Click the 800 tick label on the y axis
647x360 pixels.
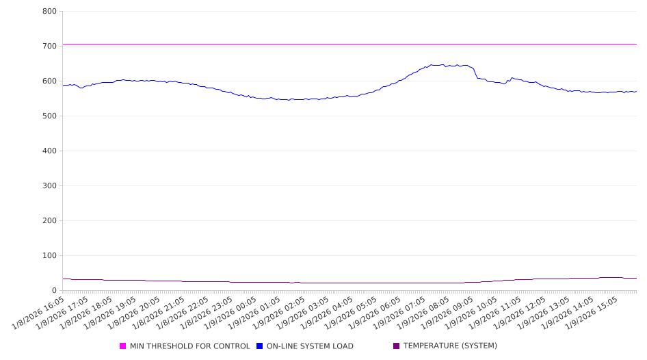point(49,12)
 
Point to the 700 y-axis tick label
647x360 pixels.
point(49,47)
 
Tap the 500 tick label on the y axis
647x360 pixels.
point(49,116)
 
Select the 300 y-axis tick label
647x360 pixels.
point(49,186)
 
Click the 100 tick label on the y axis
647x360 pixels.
point(49,256)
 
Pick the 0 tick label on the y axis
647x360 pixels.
point(54,291)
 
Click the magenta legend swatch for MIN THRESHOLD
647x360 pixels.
point(123,346)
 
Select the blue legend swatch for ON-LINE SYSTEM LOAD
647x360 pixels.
point(260,346)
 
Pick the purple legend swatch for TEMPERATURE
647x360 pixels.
point(397,346)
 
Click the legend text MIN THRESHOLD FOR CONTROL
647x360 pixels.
point(189,346)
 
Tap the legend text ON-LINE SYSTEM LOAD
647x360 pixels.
point(310,346)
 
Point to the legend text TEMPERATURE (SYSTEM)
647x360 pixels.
point(450,346)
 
